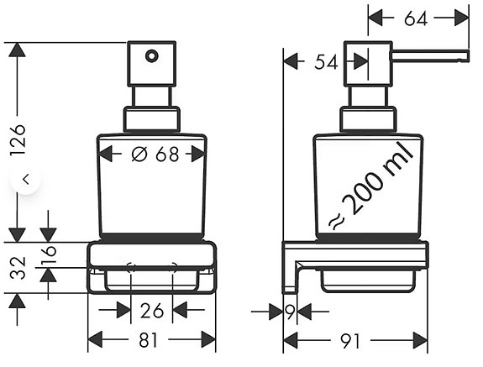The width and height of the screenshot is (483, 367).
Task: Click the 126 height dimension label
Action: click(18, 140)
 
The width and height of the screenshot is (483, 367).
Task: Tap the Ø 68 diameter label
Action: click(155, 154)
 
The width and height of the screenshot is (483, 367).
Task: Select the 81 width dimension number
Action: click(148, 340)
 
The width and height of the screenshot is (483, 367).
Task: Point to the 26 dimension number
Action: click(151, 311)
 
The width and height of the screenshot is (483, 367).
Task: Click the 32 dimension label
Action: click(18, 268)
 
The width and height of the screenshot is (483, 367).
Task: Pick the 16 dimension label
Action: click(50, 255)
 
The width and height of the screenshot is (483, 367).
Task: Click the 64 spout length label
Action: click(416, 18)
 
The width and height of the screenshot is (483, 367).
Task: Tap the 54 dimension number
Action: click(326, 62)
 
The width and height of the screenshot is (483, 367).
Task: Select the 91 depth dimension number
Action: click(350, 341)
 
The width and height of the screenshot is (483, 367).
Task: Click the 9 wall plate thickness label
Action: click(290, 312)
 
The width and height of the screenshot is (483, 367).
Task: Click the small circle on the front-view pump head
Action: click(151, 56)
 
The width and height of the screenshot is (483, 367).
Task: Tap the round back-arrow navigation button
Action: click(26, 179)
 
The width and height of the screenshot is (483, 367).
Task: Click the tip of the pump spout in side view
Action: click(468, 56)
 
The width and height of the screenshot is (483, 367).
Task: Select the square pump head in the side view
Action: click(368, 64)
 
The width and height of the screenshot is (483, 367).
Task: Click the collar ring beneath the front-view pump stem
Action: click(151, 119)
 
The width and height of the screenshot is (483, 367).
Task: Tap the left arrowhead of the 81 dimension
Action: click(95, 340)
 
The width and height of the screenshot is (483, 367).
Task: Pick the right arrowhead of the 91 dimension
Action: click(420, 340)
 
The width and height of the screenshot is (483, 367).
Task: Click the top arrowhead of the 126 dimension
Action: click(18, 50)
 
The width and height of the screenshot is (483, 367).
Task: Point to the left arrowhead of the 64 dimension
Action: click(375, 18)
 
